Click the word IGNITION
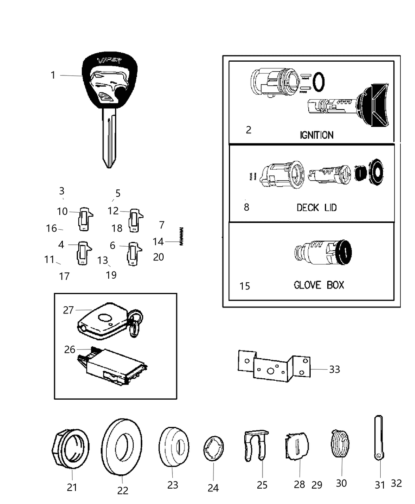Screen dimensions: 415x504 [316, 135]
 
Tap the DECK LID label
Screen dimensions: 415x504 [317, 208]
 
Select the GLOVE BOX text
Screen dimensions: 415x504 [319, 285]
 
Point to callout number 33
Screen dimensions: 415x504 [334, 370]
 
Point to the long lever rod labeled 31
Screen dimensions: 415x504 [378, 437]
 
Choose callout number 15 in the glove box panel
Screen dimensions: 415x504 [245, 286]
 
